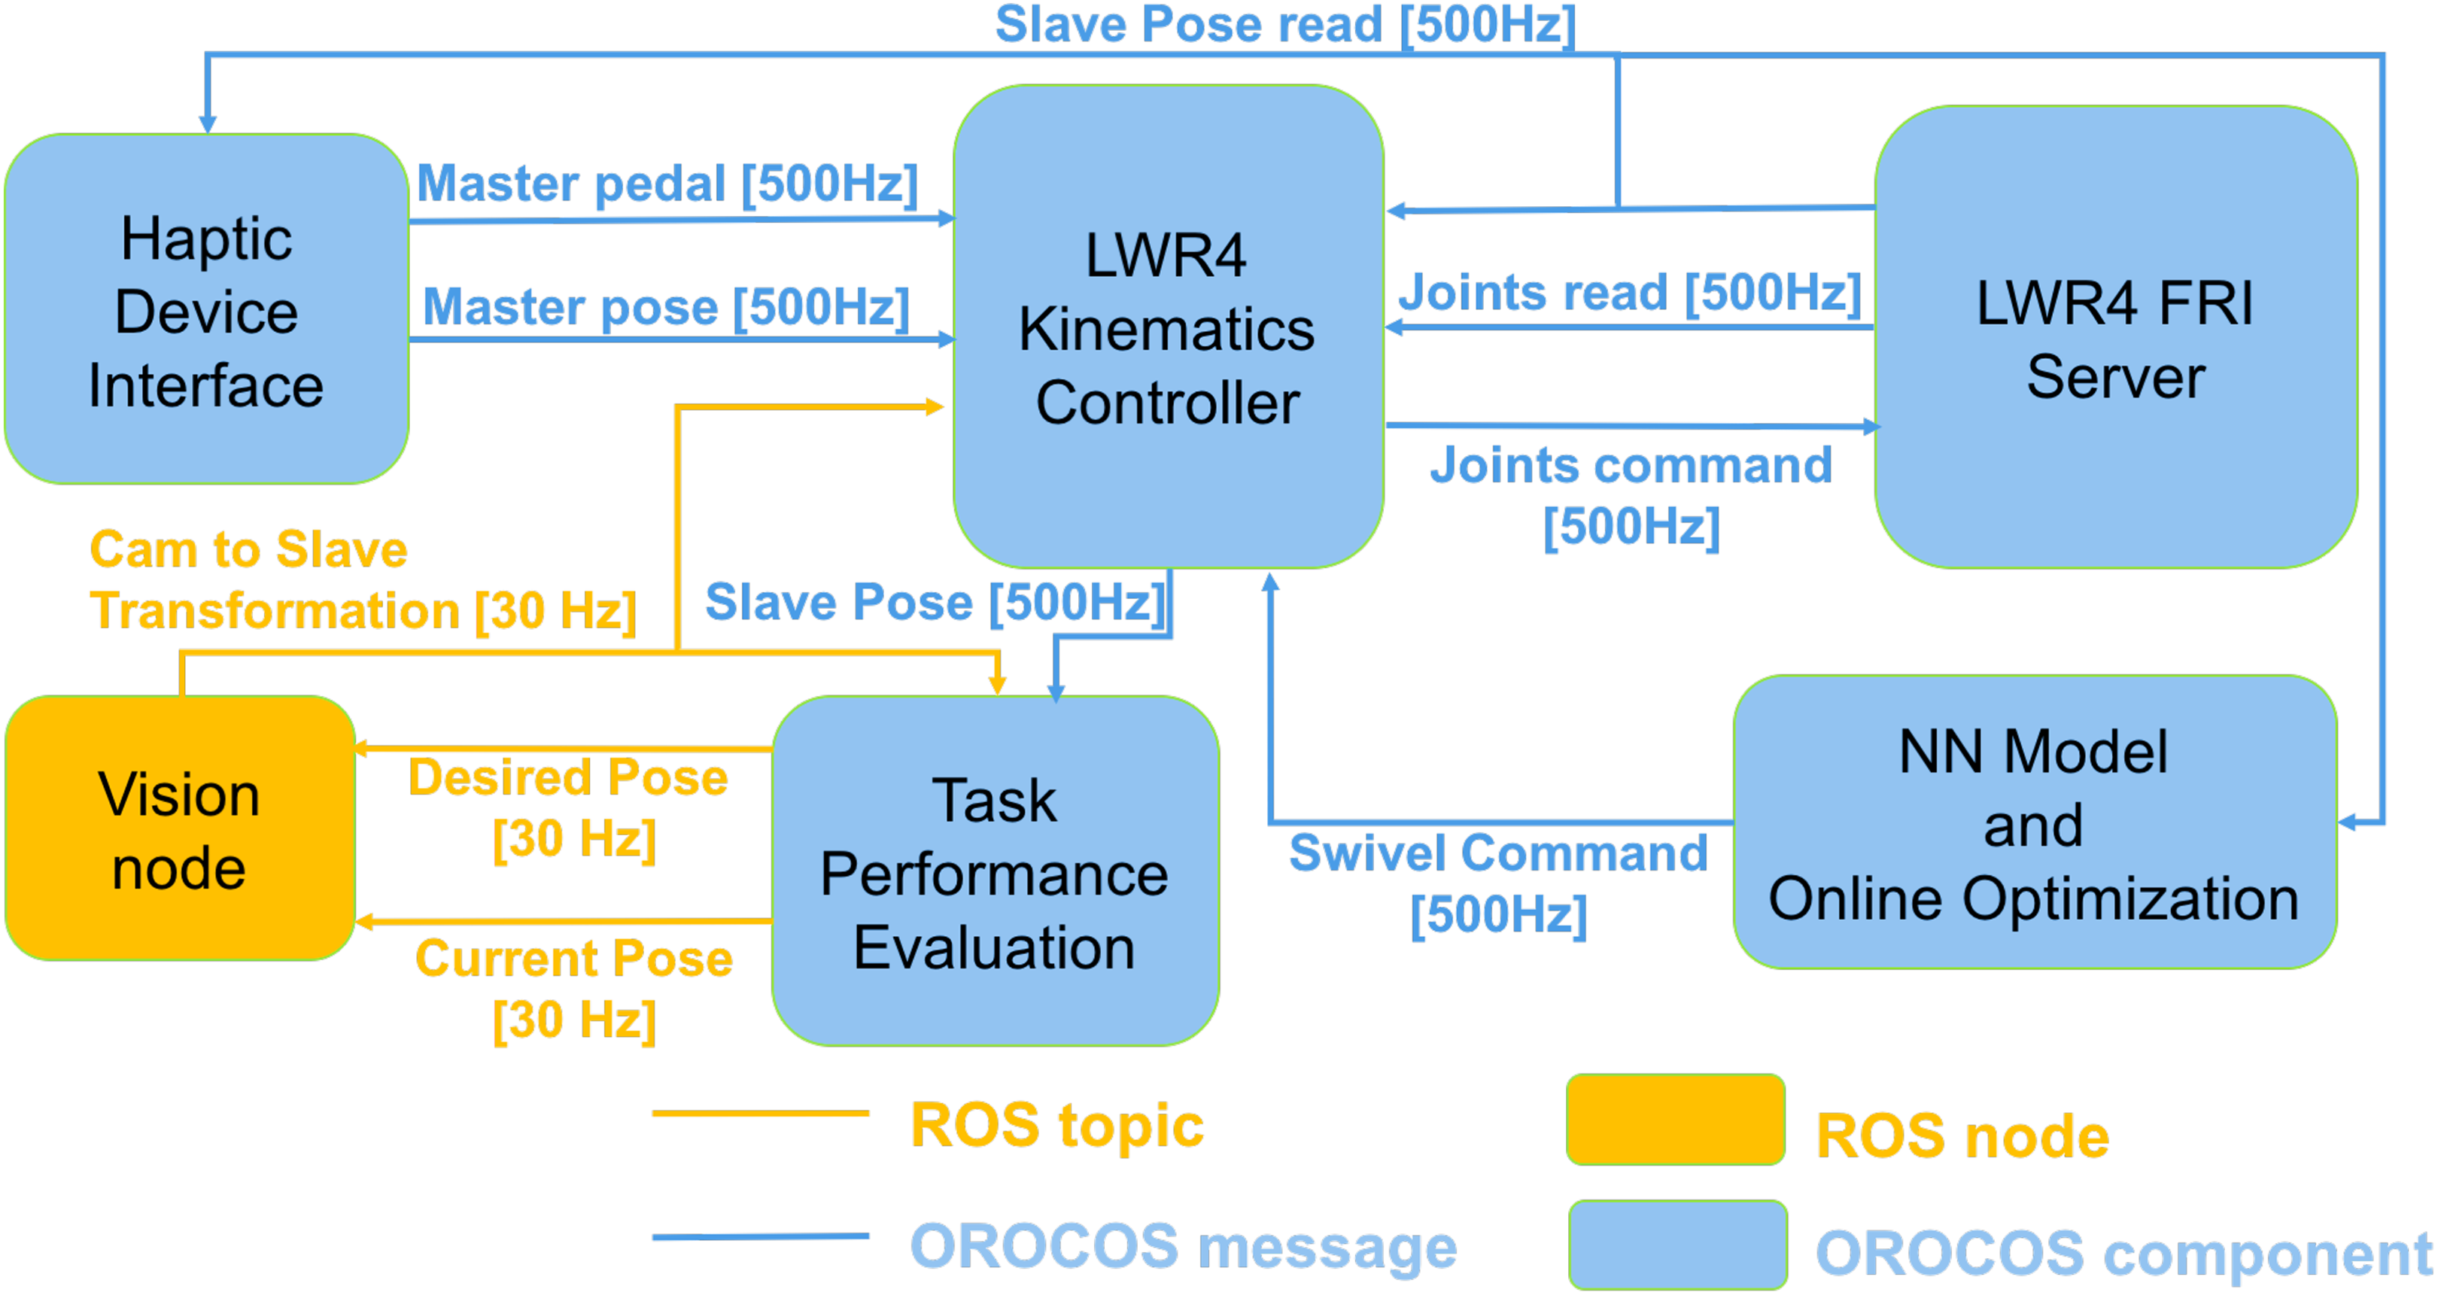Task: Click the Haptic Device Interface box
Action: point(206,309)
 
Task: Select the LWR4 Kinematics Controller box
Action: point(1169,327)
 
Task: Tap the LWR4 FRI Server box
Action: point(2116,337)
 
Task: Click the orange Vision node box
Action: point(180,828)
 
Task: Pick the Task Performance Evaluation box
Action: point(996,871)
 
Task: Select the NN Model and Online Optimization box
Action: point(2035,822)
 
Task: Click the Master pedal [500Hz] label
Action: point(667,183)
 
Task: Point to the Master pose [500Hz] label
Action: point(666,307)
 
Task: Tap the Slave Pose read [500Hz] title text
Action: point(1285,25)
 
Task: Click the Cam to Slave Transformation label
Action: point(363,579)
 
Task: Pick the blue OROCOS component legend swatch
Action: point(1678,1244)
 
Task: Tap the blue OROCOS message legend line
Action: point(760,1236)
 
